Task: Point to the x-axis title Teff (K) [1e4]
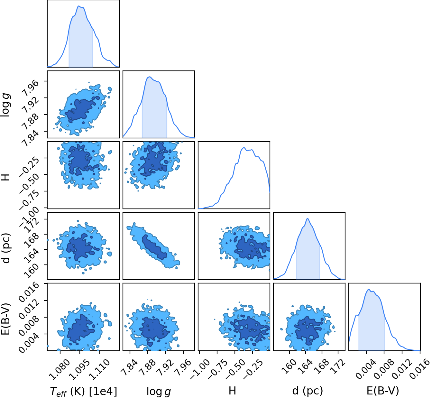tap(84, 391)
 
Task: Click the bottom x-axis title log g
tap(159, 391)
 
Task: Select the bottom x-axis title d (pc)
tap(308, 391)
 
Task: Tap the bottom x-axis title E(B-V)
tap(383, 391)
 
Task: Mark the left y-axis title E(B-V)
tap(6, 319)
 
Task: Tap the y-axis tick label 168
tap(31, 239)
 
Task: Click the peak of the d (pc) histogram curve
tap(308, 218)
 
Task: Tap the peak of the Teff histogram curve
tap(78, 6)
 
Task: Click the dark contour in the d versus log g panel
tap(154, 246)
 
